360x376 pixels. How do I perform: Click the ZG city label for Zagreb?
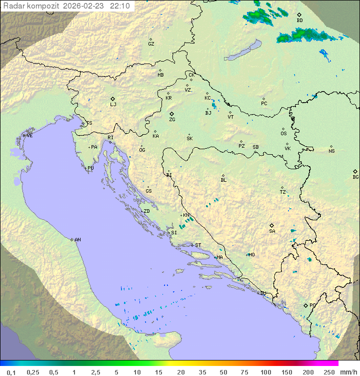point(172,120)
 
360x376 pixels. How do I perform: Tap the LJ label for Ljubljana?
point(113,105)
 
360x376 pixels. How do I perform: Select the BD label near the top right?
point(299,21)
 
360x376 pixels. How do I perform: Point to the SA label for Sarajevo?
point(272,231)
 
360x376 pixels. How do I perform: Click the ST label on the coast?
point(198,245)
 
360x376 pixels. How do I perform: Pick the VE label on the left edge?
point(29,136)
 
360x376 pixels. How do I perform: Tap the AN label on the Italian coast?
point(77,240)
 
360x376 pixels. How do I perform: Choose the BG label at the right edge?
point(355,177)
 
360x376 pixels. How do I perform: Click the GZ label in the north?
point(151,44)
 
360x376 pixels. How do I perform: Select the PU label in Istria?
point(90,168)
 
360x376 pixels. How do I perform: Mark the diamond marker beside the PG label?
point(305,305)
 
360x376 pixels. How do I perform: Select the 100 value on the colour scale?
point(265,372)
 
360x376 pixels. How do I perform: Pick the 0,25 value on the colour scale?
point(33,372)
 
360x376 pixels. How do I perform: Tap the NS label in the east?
point(331,151)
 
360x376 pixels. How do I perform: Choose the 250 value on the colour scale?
point(329,372)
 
